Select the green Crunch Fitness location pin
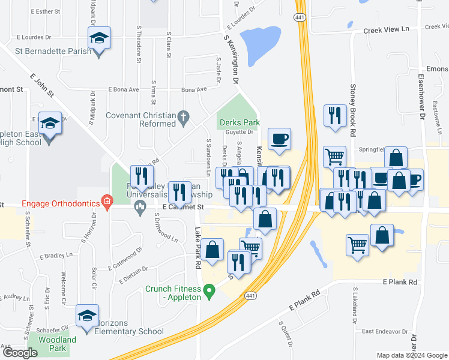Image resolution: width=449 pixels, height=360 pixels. coord(209,292)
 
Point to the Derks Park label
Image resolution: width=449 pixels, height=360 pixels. coord(239,122)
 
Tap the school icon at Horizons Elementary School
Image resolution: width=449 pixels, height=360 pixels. coord(87,317)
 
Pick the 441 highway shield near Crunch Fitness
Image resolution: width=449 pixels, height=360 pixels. coord(250,295)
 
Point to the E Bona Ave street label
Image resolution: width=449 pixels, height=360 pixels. coord(124,89)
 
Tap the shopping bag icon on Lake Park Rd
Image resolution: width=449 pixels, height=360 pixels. coord(212,250)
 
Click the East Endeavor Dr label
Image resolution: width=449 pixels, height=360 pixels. coord(385,331)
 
